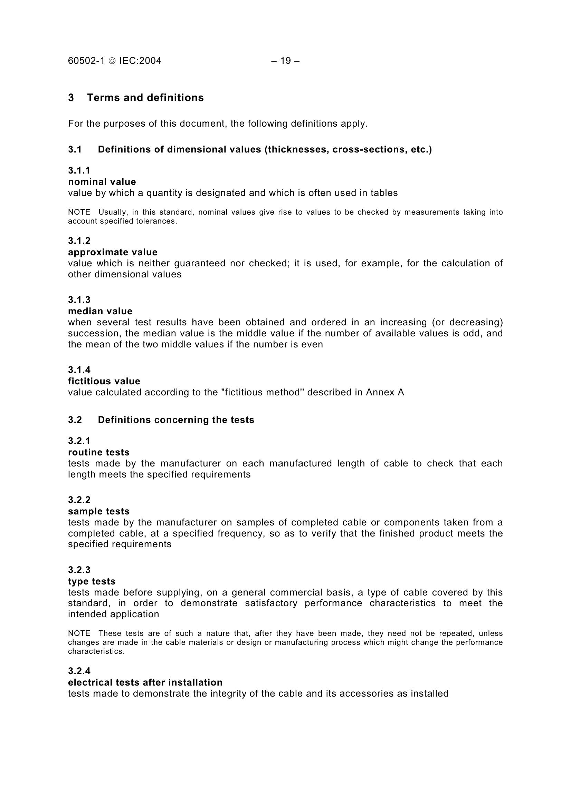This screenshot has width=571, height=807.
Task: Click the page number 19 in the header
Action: click(x=285, y=61)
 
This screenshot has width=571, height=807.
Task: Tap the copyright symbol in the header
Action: click(x=112, y=61)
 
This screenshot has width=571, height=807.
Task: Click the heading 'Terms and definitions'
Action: click(x=145, y=97)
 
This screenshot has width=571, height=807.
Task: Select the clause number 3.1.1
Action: click(x=79, y=170)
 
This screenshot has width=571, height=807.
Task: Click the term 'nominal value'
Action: click(x=102, y=182)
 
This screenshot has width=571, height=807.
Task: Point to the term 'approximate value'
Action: click(x=113, y=252)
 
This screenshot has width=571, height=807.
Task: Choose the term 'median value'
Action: click(x=100, y=311)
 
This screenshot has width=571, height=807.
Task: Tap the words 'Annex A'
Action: click(x=385, y=392)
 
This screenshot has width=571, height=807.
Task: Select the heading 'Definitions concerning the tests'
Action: click(x=176, y=420)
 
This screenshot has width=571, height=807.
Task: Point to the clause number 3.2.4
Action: click(x=79, y=671)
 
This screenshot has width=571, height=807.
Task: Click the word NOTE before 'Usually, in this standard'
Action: click(x=79, y=212)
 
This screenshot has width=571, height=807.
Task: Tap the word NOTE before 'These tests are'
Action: click(x=79, y=633)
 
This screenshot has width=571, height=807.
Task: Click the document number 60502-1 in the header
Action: click(x=86, y=61)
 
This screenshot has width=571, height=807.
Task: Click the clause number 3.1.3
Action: click(x=79, y=300)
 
